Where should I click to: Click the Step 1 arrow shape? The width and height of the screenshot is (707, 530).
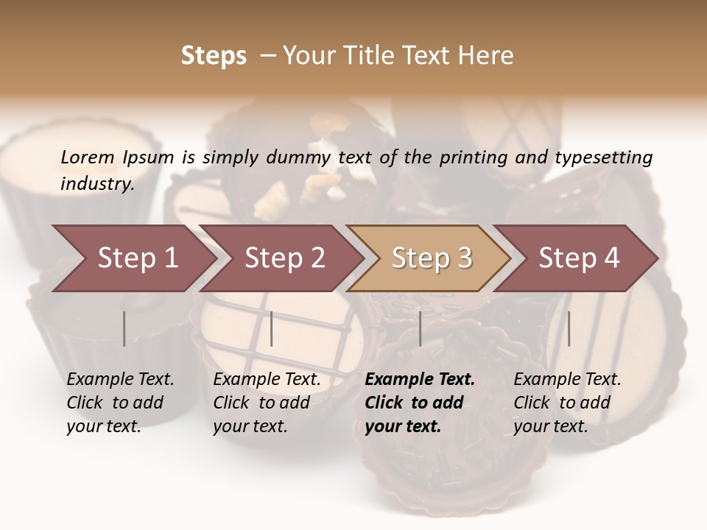pyautogui.click(x=137, y=258)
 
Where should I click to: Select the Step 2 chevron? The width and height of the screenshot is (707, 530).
pyautogui.click(x=284, y=258)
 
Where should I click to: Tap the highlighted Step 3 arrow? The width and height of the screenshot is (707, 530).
pyautogui.click(x=432, y=258)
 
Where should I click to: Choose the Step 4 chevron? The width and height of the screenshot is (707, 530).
pyautogui.click(x=579, y=258)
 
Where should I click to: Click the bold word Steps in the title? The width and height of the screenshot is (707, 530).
pyautogui.click(x=214, y=56)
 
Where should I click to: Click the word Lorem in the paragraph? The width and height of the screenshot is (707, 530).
pyautogui.click(x=87, y=157)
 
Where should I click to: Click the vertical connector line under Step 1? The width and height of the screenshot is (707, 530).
pyautogui.click(x=124, y=328)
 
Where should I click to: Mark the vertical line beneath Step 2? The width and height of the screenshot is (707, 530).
pyautogui.click(x=272, y=328)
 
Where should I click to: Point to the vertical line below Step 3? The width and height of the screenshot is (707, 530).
pyautogui.click(x=420, y=328)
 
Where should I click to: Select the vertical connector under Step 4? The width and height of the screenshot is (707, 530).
pyautogui.click(x=569, y=328)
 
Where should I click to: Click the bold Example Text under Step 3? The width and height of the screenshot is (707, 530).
pyautogui.click(x=420, y=380)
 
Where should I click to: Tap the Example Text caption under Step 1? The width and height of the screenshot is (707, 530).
pyautogui.click(x=120, y=380)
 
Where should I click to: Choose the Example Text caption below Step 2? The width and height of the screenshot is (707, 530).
pyautogui.click(x=267, y=380)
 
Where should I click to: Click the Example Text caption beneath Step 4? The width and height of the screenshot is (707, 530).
pyautogui.click(x=567, y=380)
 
